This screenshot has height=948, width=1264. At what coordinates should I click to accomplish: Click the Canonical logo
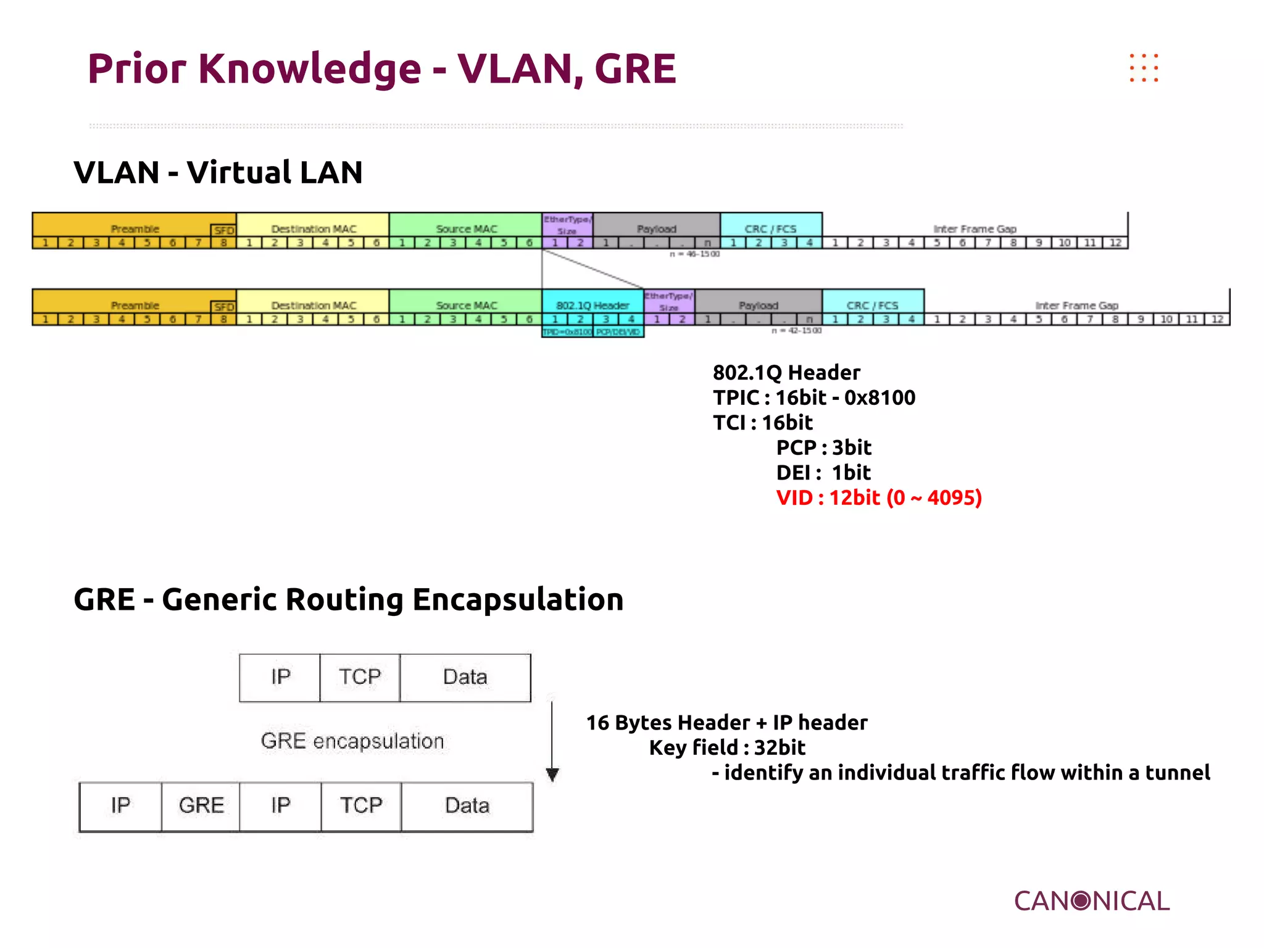click(x=1091, y=901)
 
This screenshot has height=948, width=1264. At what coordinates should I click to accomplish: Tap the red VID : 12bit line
click(x=878, y=497)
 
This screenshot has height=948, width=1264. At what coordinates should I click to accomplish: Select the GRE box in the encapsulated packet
click(x=201, y=805)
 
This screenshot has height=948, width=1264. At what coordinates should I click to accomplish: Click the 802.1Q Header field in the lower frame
click(x=592, y=306)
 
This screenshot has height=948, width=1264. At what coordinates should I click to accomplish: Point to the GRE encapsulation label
click(x=352, y=741)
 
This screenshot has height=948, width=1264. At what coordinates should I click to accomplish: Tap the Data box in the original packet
click(x=465, y=677)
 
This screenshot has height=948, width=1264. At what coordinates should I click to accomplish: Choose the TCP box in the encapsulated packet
click(x=361, y=805)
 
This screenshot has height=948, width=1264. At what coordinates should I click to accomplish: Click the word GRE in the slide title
click(x=635, y=69)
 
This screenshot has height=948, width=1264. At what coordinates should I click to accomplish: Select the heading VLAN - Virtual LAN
click(x=218, y=172)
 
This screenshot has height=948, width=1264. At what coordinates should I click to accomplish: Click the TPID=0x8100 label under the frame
click(x=567, y=332)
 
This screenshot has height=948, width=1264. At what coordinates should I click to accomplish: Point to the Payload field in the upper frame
click(x=657, y=229)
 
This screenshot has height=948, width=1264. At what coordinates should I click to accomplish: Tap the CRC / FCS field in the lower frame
click(x=872, y=306)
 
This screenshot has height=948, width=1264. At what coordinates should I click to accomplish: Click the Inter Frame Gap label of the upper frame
click(x=975, y=229)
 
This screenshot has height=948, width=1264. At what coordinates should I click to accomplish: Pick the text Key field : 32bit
click(x=727, y=747)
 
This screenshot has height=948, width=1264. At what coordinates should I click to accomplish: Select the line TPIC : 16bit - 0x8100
click(x=813, y=397)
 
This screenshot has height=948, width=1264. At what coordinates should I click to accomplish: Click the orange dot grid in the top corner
click(x=1144, y=68)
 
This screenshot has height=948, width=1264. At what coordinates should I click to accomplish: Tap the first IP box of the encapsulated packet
click(x=120, y=805)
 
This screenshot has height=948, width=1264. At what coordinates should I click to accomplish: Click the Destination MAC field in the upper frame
click(x=314, y=229)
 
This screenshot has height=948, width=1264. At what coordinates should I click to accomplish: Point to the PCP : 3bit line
click(x=823, y=447)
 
